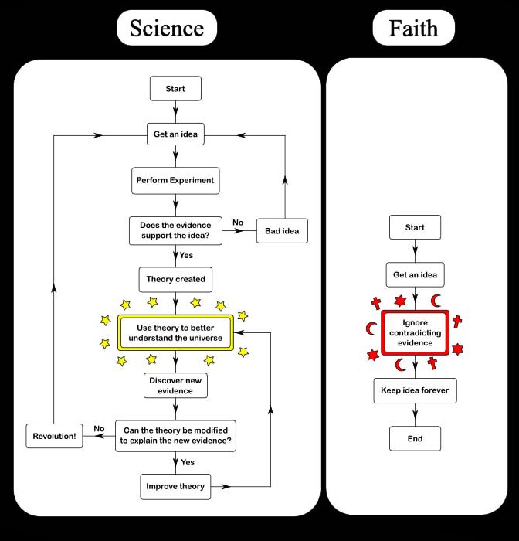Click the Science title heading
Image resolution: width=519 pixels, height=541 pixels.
167,29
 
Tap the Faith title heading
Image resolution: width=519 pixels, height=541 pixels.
413,29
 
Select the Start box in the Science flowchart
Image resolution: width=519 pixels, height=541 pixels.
175,89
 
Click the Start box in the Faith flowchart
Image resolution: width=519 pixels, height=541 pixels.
415,228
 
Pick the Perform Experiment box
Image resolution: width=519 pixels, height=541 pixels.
175,181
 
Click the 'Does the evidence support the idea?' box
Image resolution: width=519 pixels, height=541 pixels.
175,230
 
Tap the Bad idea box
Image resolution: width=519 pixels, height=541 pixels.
282,230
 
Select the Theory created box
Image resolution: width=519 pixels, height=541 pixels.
175,278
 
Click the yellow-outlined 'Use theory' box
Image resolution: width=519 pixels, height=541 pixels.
175,332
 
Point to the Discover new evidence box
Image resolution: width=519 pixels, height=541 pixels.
175,385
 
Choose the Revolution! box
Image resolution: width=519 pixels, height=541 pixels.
54,436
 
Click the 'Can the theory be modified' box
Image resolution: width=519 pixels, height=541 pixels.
175,436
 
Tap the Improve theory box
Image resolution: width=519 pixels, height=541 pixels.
175,486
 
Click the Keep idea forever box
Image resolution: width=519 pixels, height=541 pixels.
415,390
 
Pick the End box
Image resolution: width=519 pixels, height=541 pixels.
415,438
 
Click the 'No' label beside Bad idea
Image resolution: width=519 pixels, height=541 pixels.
238,223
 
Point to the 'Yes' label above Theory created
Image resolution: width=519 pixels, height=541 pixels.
186,254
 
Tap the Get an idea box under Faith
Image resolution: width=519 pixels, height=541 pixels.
415,274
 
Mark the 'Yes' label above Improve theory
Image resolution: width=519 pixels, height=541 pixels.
187,461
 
